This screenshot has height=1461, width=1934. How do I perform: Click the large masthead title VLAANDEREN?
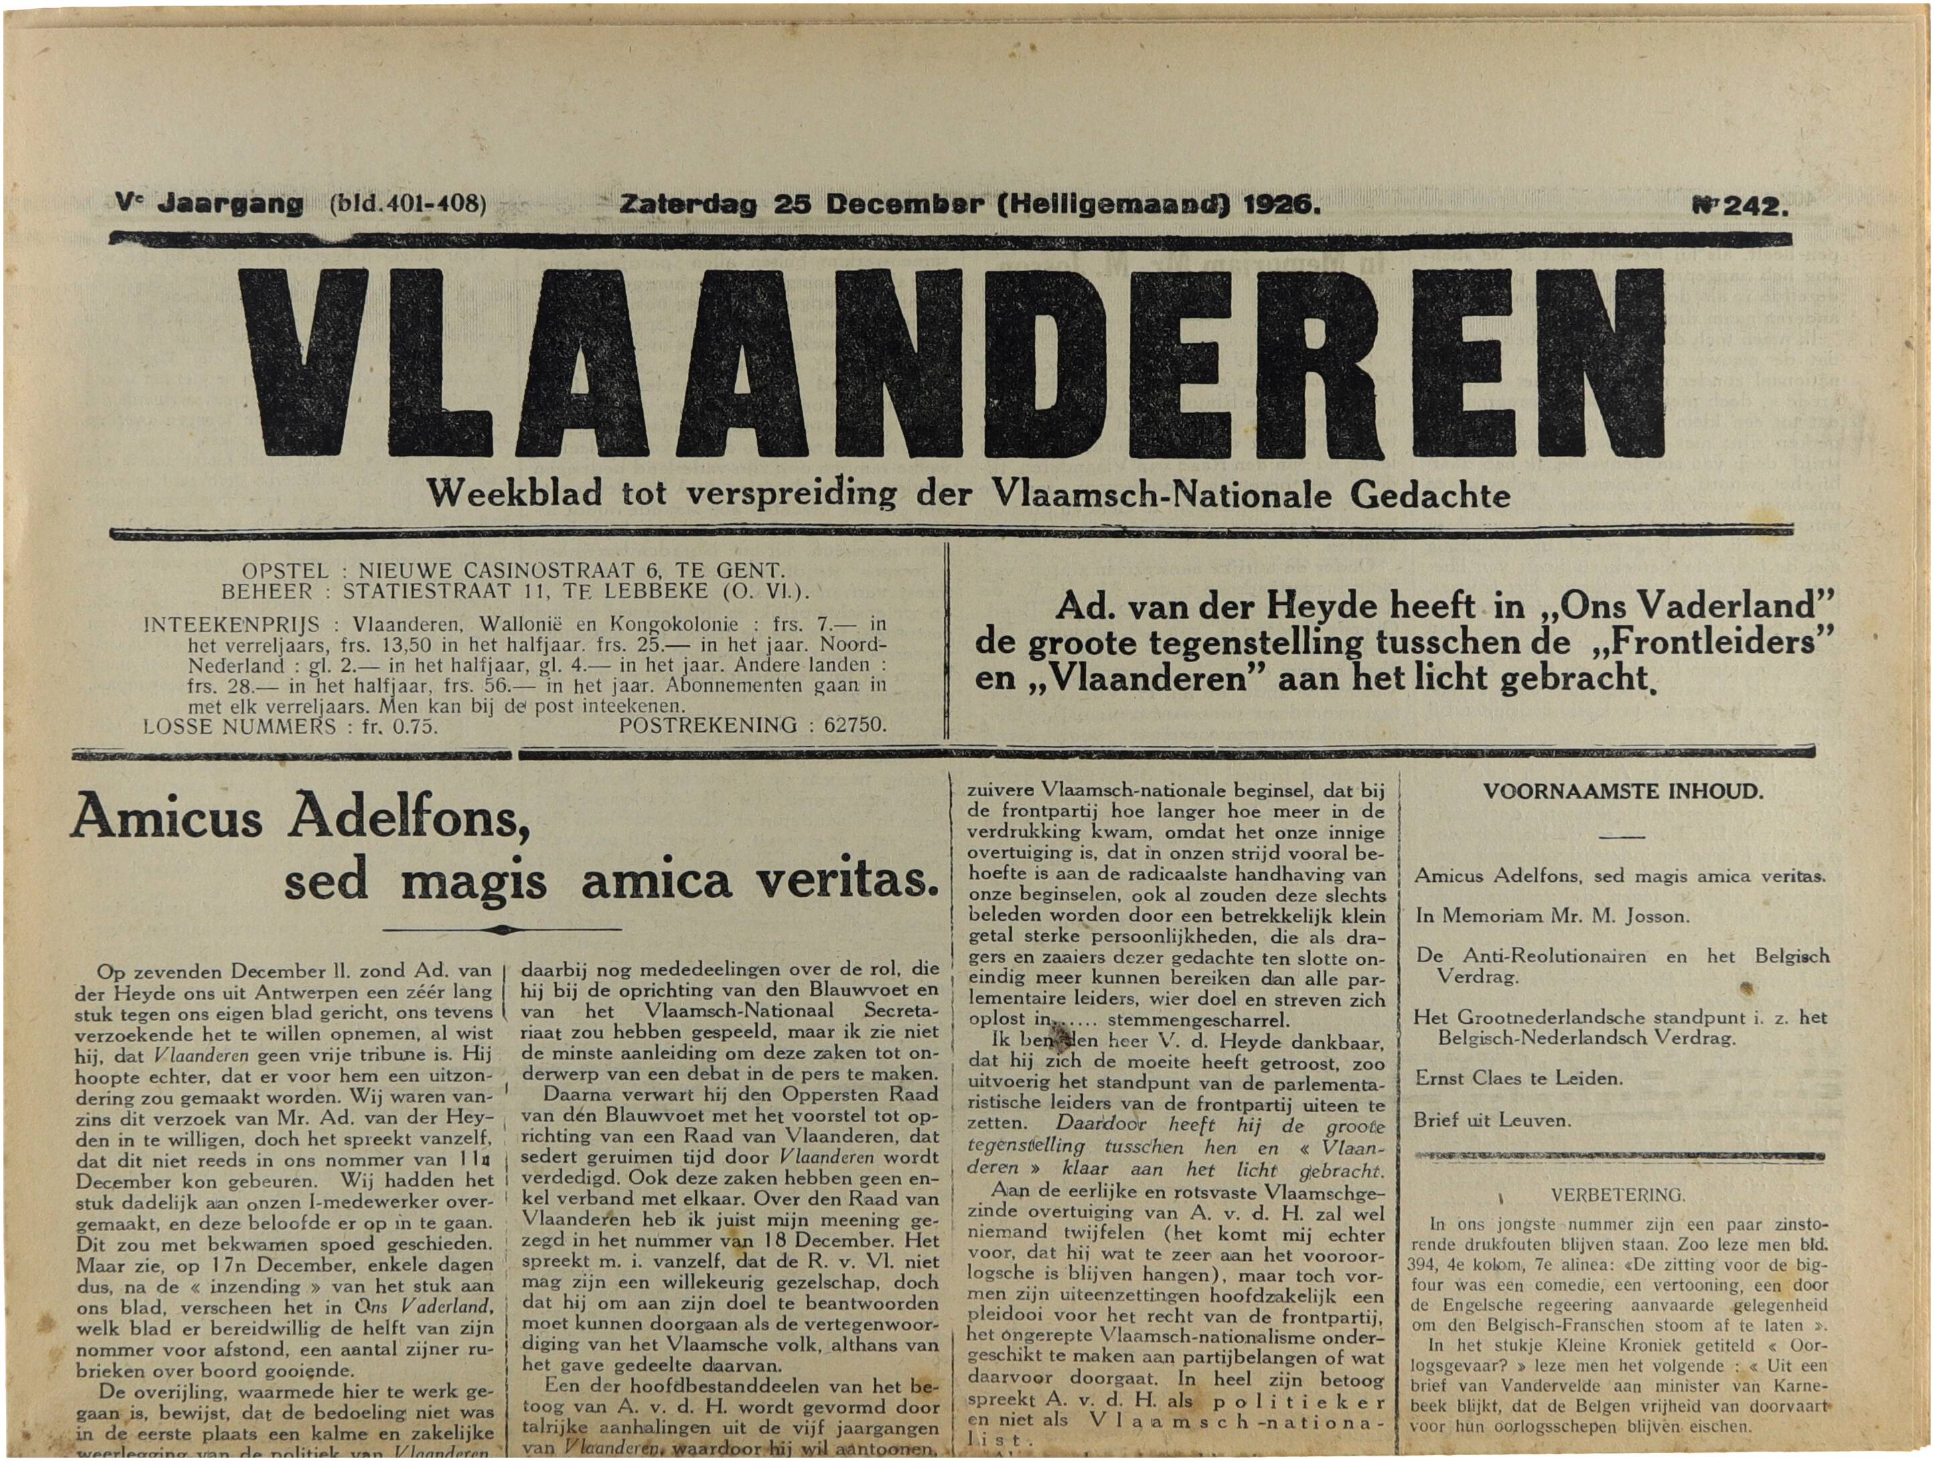951,363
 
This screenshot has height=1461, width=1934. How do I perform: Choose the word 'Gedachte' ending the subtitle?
1430,495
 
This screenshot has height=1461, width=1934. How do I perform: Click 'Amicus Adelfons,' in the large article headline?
300,818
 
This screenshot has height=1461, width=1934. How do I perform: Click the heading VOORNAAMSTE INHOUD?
1623,792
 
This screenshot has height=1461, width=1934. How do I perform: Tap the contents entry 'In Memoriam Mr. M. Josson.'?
1552,916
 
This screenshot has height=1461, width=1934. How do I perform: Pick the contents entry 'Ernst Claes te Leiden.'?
1518,1078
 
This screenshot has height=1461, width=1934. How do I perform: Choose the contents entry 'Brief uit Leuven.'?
1491,1120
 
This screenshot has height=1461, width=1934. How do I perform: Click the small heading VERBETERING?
1617,1195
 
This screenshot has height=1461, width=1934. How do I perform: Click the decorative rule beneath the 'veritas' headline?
502,929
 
